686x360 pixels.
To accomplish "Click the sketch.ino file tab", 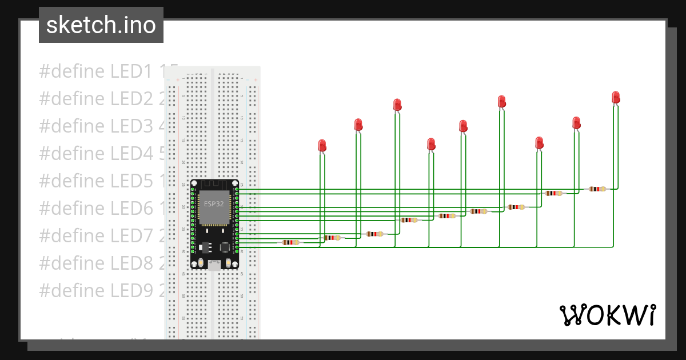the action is (101, 25).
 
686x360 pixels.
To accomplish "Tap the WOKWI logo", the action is (607, 315).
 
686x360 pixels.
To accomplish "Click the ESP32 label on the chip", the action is (214, 203).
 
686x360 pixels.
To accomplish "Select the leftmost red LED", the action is (322, 145).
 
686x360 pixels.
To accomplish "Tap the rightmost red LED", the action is (616, 97).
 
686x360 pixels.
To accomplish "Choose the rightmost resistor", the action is (597, 189).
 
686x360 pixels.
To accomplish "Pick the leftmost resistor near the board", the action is (291, 242).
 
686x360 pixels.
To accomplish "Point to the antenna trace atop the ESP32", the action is (214, 185).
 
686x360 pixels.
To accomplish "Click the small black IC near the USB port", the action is (225, 247).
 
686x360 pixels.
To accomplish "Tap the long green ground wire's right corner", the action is (613, 246).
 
